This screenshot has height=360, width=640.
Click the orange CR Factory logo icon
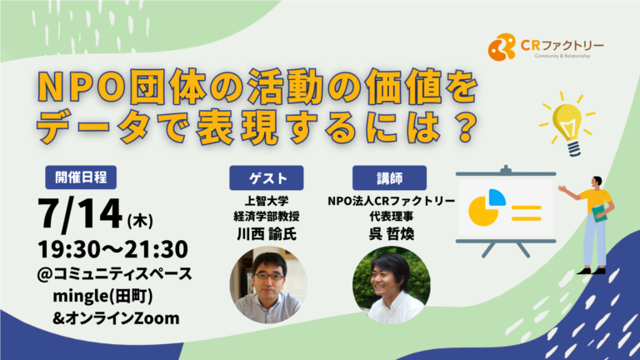coord(502,47)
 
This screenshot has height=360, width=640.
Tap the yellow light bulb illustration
coord(567,123)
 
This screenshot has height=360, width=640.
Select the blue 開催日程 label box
coord(81,177)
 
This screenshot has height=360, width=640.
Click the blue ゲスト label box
coord(266,178)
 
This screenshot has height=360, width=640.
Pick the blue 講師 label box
coord(389,178)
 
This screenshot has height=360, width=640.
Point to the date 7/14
coord(80,214)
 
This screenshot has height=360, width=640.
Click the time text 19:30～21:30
coord(112,249)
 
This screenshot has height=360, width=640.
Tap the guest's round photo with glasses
coord(268,285)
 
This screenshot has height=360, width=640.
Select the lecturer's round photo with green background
coord(392,285)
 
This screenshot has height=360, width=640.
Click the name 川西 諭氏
coord(267,234)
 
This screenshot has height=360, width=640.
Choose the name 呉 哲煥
coord(392,234)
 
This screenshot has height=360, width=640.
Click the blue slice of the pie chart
coord(497,197)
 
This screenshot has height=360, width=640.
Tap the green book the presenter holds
coord(600,213)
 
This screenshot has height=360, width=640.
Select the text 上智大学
coord(267,201)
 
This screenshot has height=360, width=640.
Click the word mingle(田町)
coord(102,297)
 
